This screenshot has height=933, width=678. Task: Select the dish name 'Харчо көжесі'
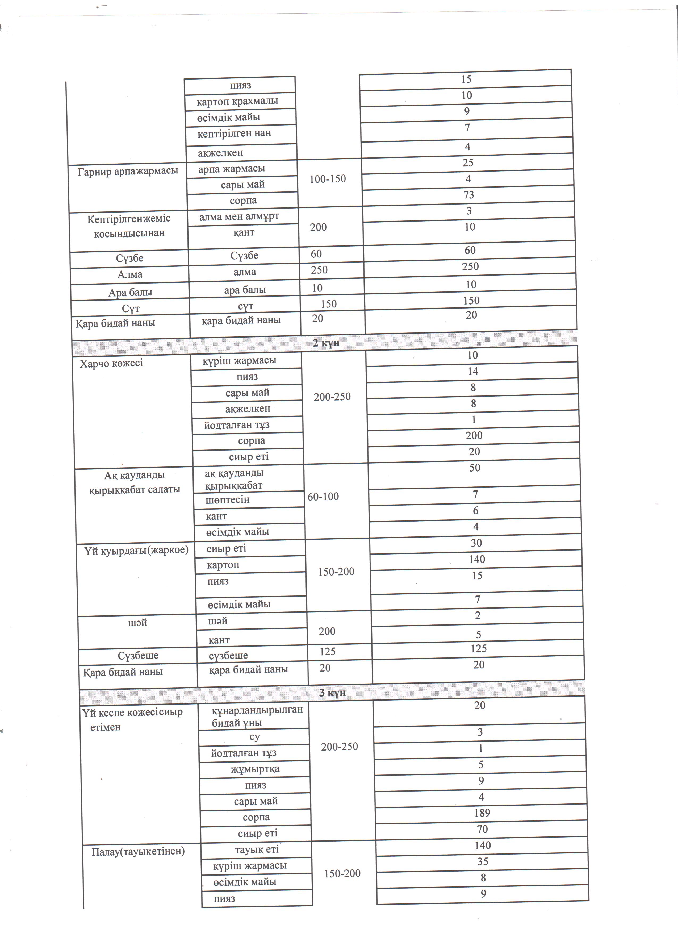coord(111,363)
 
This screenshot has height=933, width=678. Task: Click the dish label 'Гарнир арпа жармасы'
coord(128,171)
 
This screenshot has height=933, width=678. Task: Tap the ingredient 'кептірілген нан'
coord(234,133)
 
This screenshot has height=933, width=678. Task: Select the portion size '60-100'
coord(323,497)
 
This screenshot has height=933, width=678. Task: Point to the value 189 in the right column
coord(482,813)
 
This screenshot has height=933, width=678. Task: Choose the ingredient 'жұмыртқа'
coord(255,769)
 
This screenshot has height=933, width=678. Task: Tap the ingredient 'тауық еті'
coord(257,849)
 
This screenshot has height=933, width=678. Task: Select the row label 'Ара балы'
coord(130,293)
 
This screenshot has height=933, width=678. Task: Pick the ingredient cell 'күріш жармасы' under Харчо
coord(239,361)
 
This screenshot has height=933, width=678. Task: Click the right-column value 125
coord(479,649)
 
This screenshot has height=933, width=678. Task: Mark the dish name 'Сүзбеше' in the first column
coord(138,656)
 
